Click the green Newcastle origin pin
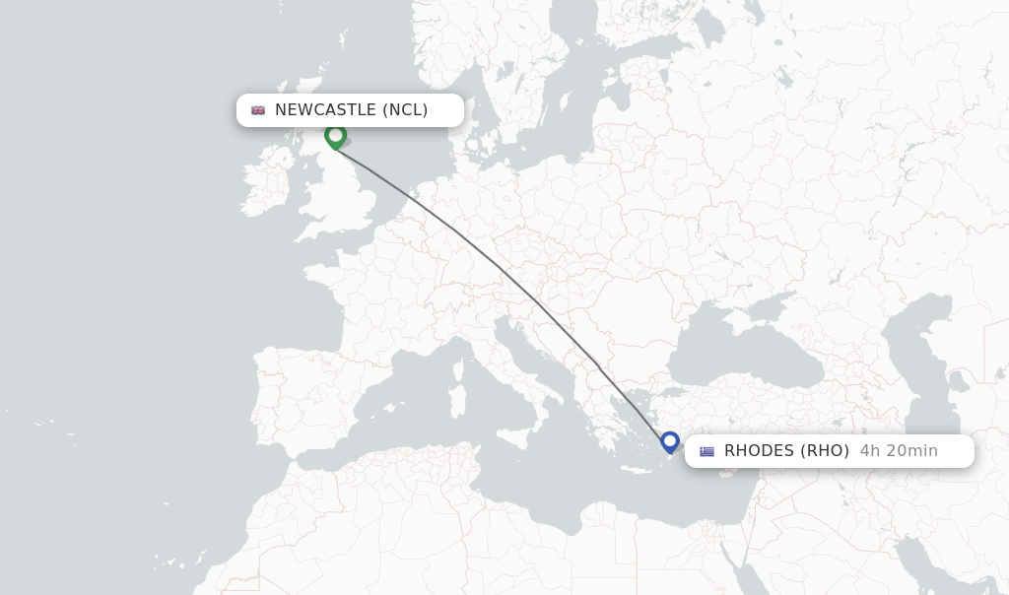pos(335,136)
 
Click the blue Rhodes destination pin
pos(670,442)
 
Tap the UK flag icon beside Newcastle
pos(258,110)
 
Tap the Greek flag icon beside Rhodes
pos(706,451)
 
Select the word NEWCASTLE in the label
pos(325,110)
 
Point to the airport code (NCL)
pos(405,110)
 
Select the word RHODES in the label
pos(759,451)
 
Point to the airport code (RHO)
pos(825,451)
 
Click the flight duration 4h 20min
pos(899,451)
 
